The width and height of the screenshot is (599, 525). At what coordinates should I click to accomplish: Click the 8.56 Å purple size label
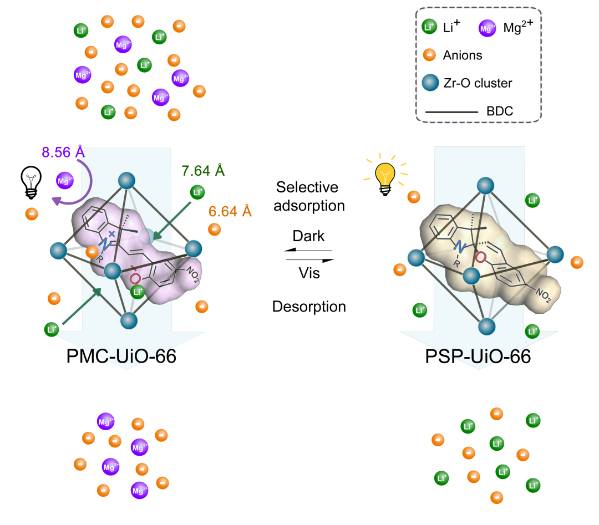(x=63, y=152)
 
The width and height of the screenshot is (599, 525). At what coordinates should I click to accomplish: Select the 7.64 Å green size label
(x=203, y=171)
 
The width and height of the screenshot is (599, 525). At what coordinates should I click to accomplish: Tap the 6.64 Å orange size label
(x=230, y=211)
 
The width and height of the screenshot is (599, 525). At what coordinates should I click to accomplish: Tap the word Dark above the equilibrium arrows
(x=308, y=236)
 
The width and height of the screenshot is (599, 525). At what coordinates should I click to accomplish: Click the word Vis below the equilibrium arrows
(x=309, y=273)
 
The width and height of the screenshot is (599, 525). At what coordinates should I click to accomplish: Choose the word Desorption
(x=309, y=307)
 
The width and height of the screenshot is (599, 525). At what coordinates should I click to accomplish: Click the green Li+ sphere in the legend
(x=428, y=27)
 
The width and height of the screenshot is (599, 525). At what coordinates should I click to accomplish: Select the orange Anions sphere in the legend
(x=428, y=55)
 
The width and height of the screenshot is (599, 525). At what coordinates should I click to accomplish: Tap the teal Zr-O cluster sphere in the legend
(x=429, y=83)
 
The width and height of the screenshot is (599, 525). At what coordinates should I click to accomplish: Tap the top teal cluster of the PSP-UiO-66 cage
(x=486, y=185)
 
